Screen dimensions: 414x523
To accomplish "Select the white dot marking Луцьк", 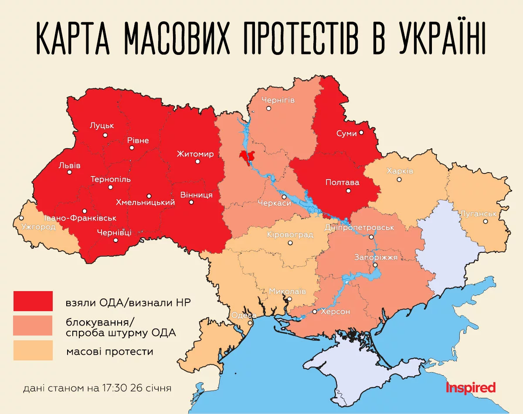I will (105, 135).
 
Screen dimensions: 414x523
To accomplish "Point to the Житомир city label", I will (195, 154).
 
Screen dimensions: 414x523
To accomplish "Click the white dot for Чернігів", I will (269, 108).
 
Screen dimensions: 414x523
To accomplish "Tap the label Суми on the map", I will (346, 133).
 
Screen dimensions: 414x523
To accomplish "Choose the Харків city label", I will (400, 171).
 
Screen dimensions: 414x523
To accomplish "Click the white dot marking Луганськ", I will (486, 221).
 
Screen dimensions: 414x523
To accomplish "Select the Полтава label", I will (343, 183).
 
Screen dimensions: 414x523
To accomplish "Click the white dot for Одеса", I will (250, 323).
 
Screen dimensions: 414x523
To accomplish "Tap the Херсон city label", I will (335, 312).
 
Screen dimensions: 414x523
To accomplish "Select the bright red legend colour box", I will (33, 301).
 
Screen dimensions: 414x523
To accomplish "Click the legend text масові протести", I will (110, 351).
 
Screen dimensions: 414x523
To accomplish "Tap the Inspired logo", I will (471, 387).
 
